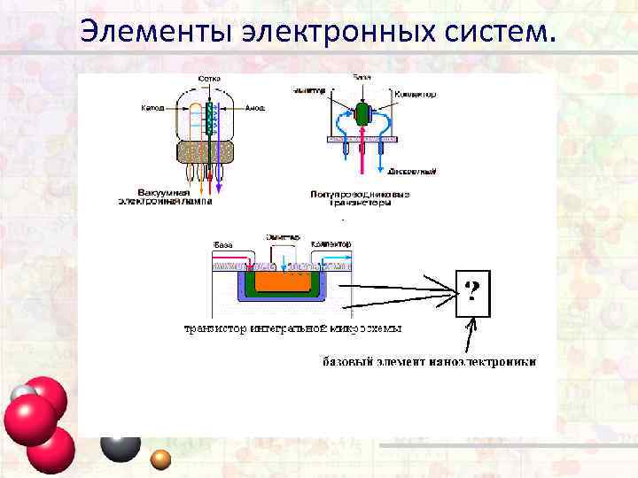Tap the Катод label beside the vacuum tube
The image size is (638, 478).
click(x=152, y=108)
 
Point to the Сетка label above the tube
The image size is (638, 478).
click(x=209, y=78)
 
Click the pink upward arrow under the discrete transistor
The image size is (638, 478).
click(x=362, y=159)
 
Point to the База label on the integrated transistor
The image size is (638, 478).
click(x=222, y=243)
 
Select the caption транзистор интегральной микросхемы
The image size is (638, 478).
click(x=292, y=328)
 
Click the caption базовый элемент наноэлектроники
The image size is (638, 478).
click(x=428, y=362)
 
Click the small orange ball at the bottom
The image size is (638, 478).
click(x=160, y=459)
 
